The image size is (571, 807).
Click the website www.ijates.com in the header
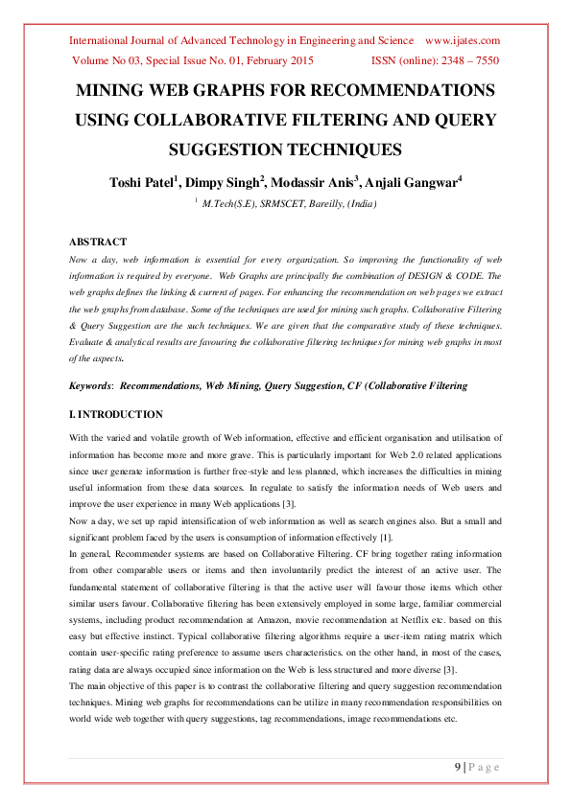coord(463,40)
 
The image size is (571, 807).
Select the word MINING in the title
coord(111,91)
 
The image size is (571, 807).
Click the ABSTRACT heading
coord(98,242)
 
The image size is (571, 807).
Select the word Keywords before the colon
coord(90,385)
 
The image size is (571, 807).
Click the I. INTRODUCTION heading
coord(116,415)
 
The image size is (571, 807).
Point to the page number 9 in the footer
coord(457,767)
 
